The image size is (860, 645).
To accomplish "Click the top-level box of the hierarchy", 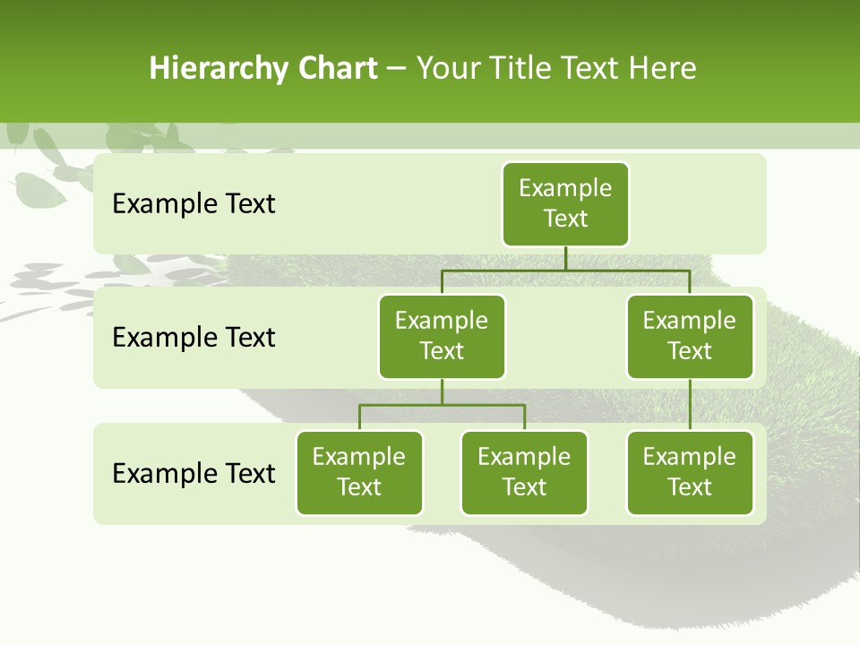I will point(565,204).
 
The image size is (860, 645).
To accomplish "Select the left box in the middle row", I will point(442,337).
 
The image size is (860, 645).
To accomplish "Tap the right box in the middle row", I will point(690,337).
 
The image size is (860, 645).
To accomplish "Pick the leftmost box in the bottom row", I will point(359,473).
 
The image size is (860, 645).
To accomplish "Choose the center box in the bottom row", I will point(524,473).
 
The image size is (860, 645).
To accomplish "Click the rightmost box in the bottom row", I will point(690,473).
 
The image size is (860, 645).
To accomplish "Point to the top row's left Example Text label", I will point(193,204).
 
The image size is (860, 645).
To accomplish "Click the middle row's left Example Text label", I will point(193,338).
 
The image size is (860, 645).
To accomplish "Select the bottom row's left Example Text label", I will point(193,473).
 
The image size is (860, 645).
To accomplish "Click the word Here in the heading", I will point(663,68).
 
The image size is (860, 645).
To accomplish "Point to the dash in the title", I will point(397,69).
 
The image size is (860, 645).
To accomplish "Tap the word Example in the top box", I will point(565,189).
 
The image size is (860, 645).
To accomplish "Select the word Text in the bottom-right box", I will point(690,487).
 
